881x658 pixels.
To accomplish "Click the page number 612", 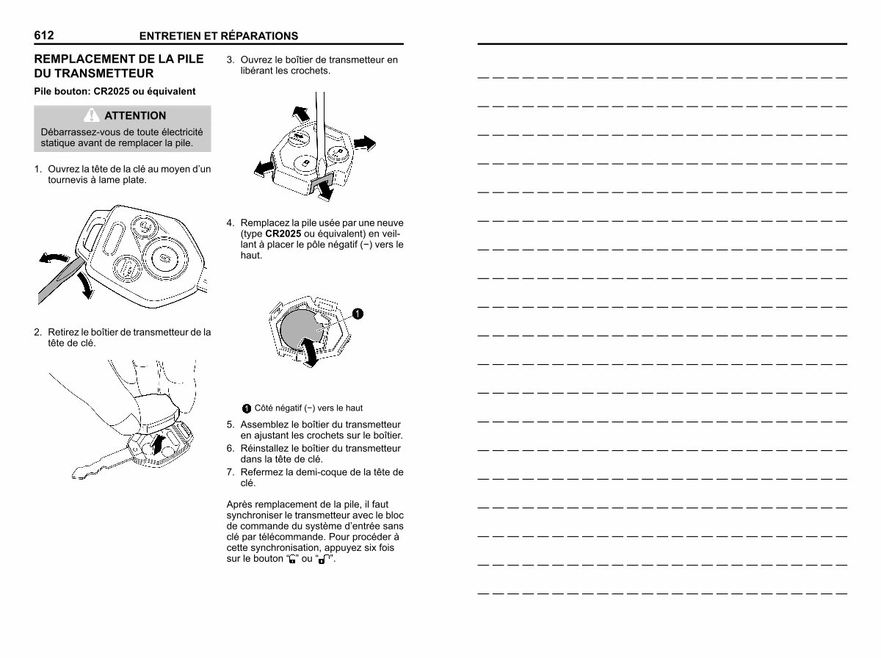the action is (x=44, y=35).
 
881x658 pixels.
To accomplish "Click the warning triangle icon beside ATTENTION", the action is (x=92, y=115).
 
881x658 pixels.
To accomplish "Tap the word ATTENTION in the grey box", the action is (x=135, y=115).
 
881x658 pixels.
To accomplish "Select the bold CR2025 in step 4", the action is (x=283, y=234).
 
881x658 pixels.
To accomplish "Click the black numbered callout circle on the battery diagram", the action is (x=358, y=314).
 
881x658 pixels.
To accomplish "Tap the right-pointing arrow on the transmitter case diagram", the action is (x=364, y=143).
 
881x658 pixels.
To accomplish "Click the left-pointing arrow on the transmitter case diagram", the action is (x=264, y=168).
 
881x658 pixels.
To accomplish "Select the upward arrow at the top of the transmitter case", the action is (x=301, y=114).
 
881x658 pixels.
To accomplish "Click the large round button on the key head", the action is (x=165, y=258).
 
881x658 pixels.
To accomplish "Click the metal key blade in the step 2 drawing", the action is (x=101, y=464).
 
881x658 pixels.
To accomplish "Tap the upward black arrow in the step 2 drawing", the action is (x=159, y=445).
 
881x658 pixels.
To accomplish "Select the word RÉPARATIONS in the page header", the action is (x=259, y=36).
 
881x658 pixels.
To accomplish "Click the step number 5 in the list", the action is (x=230, y=424).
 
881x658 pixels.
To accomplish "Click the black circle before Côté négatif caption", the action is (x=247, y=409).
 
